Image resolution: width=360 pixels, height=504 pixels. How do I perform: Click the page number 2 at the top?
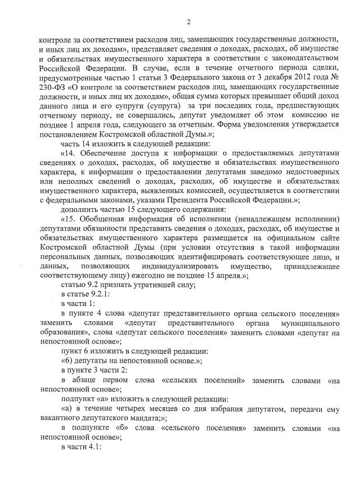[x=188, y=22]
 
